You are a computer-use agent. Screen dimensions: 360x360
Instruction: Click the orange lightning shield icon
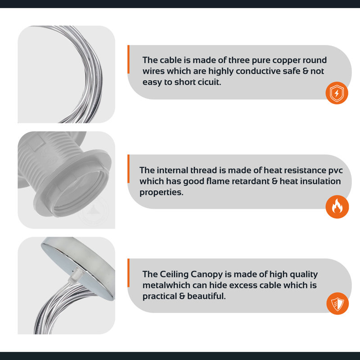point(337,93)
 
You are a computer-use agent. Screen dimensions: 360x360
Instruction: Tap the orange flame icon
point(337,207)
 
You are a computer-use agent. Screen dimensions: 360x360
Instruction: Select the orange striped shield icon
point(337,303)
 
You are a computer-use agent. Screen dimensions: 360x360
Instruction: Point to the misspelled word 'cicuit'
point(209,82)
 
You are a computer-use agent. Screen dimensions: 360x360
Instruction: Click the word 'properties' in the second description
point(162,193)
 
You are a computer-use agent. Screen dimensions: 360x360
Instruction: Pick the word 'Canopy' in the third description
point(207,274)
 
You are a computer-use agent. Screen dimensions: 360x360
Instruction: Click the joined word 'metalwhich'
point(166,285)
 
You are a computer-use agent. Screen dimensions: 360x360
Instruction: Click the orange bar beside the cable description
point(128,59)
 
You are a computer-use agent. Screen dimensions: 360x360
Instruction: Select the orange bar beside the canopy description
point(128,273)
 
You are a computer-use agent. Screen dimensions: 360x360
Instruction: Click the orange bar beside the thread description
point(128,169)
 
